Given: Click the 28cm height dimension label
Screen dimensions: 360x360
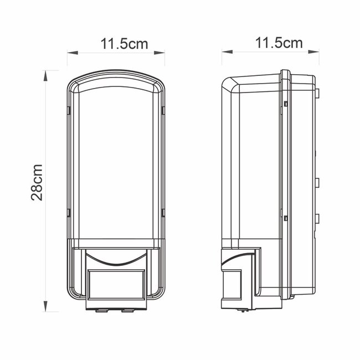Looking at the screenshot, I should tap(37, 182).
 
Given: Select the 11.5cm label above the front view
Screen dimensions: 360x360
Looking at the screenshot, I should tap(125, 43).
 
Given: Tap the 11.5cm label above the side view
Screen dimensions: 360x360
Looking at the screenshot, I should tap(279, 43).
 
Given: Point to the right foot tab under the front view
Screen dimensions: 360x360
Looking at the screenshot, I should tap(127, 309).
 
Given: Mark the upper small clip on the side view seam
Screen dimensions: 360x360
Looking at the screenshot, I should tap(284, 104).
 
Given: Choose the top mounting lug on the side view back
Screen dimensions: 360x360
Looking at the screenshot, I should tap(318, 91).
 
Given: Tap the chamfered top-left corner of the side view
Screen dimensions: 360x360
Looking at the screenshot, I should tap(230, 83).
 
